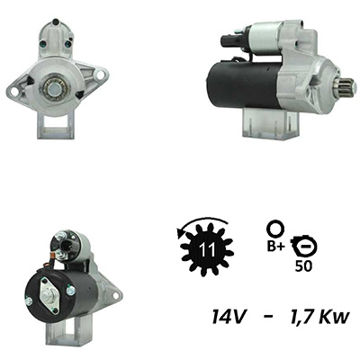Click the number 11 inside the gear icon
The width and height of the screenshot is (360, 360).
(x=207, y=249)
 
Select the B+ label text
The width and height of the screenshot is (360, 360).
(x=275, y=247)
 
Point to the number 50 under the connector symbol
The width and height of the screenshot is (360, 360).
(x=303, y=266)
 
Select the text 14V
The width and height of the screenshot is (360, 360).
(x=229, y=317)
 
